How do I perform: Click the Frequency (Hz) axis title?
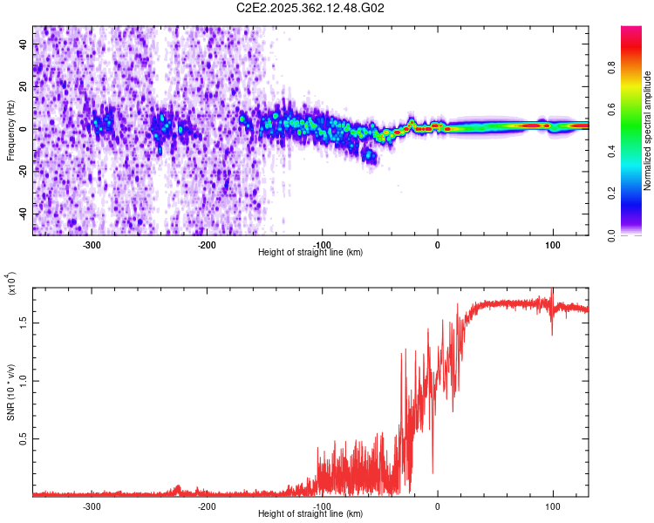point(10,131)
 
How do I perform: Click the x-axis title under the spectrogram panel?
point(310,252)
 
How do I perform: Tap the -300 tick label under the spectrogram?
point(92,244)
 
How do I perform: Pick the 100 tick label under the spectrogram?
point(553,244)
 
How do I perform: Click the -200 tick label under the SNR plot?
point(207,506)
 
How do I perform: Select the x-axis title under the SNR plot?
point(310,514)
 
